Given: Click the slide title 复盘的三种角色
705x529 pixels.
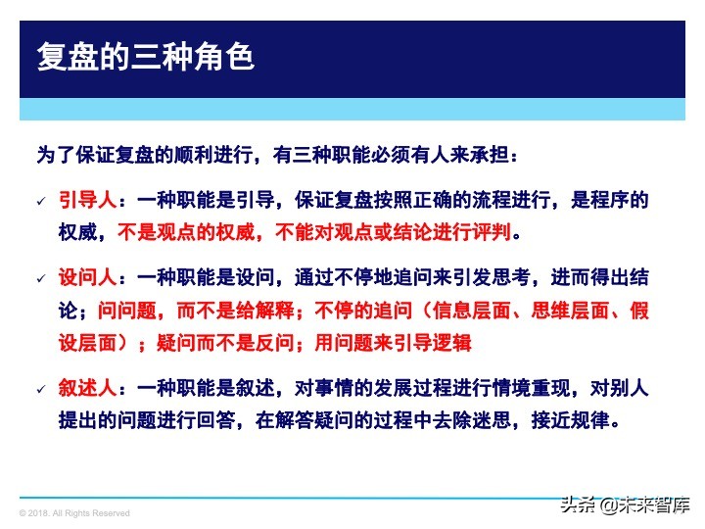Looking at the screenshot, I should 145,57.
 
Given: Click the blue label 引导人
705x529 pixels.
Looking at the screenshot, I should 87,200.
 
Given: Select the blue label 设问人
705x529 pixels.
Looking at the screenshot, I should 87,278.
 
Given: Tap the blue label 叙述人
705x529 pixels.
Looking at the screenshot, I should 87,388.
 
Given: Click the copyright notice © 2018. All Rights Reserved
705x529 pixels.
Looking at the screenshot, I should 74,513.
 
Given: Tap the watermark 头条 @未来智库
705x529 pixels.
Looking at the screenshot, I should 625,505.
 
